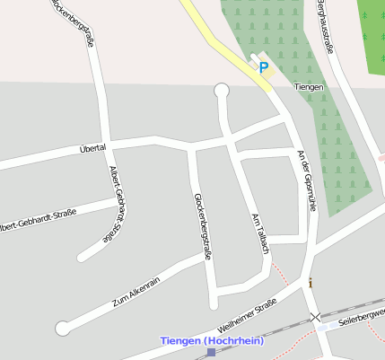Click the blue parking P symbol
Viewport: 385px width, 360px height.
(263, 66)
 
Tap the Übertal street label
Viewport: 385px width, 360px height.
(92, 147)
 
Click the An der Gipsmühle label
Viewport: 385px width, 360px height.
(307, 180)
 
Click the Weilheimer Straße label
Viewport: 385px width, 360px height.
(240, 319)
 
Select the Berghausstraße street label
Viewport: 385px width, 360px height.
(324, 27)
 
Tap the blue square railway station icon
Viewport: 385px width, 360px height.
(211, 353)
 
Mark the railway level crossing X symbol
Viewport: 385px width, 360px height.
(314, 317)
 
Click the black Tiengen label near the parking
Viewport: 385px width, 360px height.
(309, 86)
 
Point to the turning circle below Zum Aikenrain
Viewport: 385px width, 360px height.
(62, 329)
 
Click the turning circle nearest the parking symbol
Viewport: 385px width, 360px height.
(222, 90)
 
